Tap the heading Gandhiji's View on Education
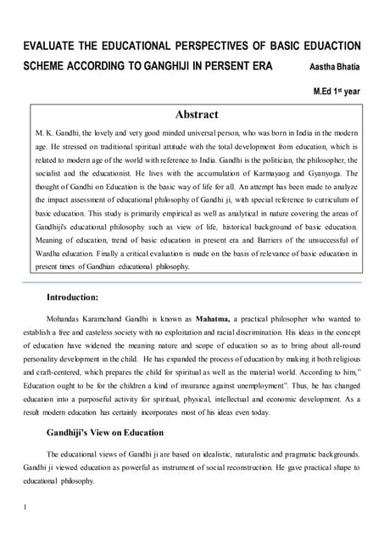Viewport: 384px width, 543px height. coord(105,432)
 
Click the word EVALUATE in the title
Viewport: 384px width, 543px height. coord(52,44)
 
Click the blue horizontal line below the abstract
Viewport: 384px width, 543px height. coord(192,281)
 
